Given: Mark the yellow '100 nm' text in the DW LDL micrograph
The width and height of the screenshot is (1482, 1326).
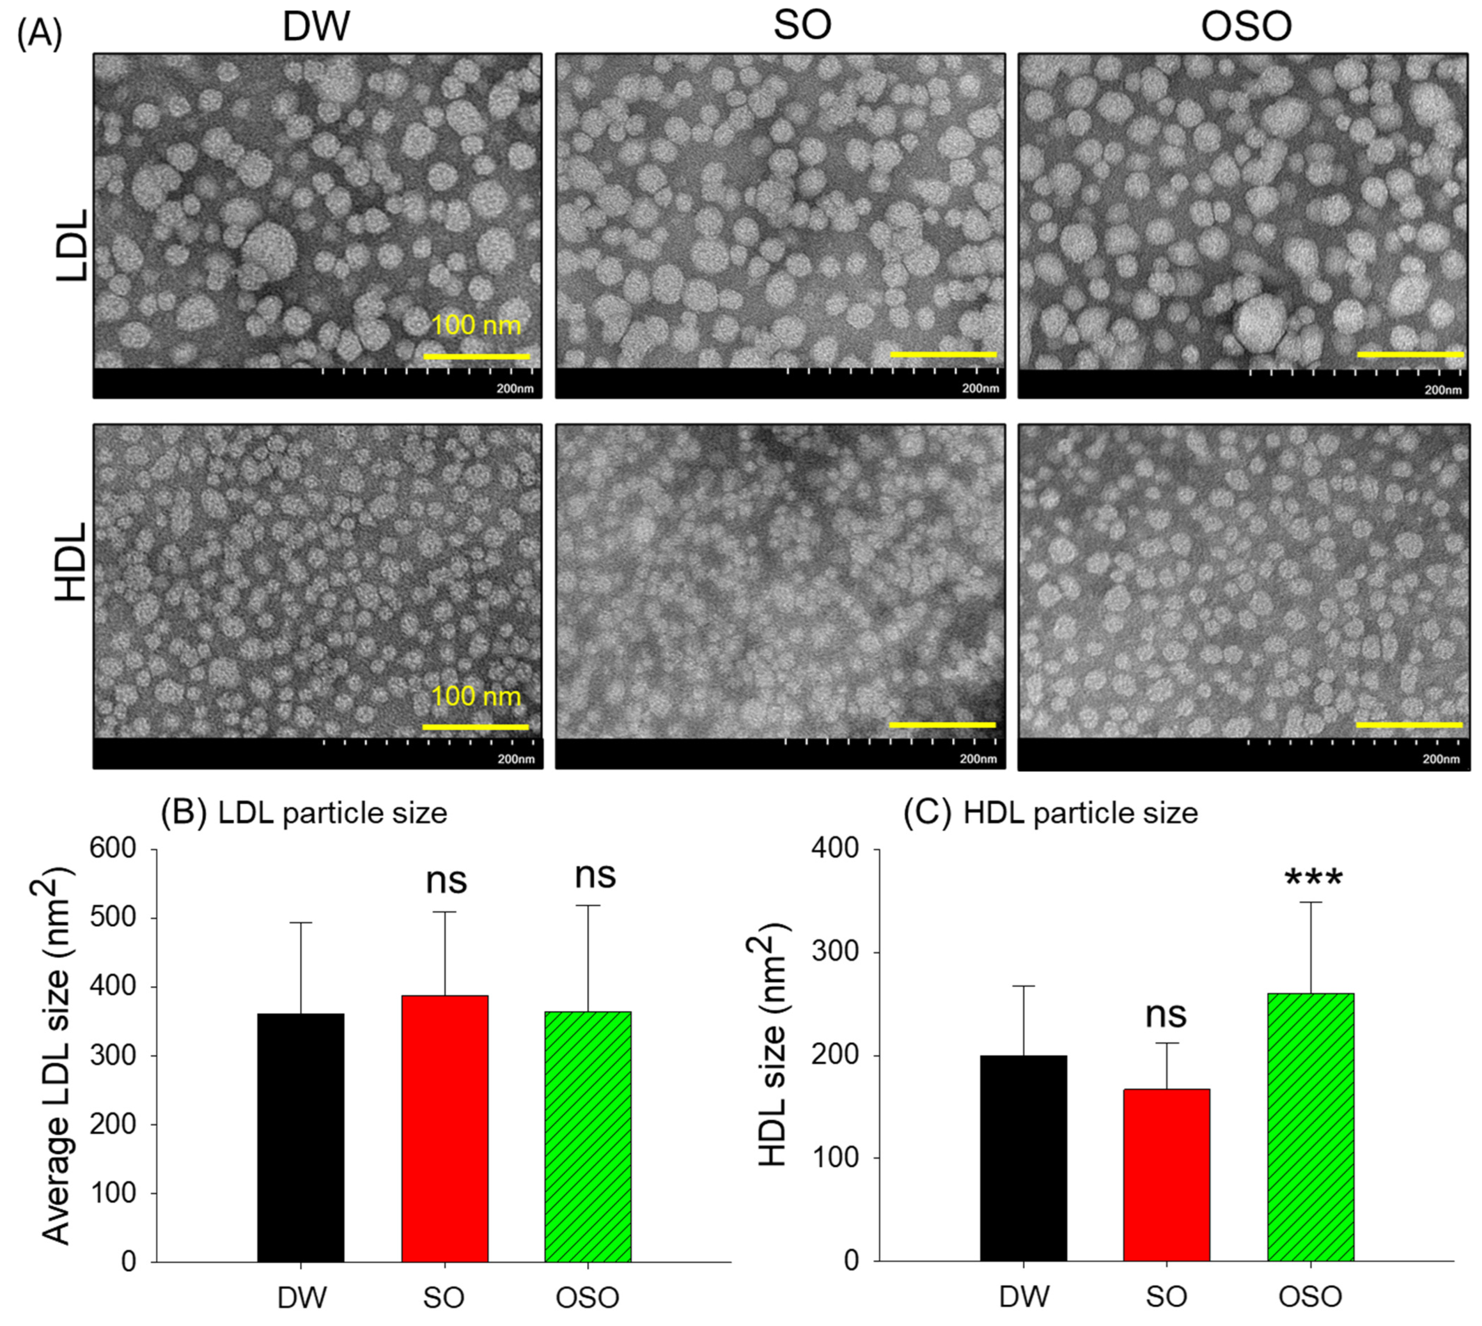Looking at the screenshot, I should pos(476,325).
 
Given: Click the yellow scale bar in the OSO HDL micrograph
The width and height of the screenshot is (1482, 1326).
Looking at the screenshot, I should pos(1409,725).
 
